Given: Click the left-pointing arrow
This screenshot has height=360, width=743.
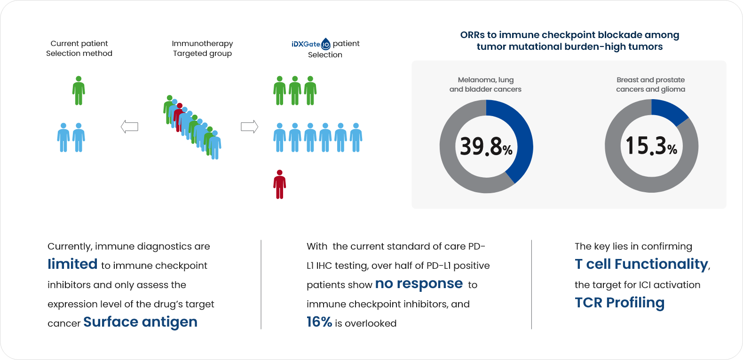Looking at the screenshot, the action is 129,126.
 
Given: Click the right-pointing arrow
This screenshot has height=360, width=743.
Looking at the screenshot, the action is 249,126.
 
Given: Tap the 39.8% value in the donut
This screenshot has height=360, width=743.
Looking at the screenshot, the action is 486,147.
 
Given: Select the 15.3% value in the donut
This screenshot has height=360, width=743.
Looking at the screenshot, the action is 651,146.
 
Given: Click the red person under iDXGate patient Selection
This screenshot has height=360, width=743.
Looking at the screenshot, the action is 280,184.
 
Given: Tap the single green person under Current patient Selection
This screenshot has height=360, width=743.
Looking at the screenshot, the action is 79,91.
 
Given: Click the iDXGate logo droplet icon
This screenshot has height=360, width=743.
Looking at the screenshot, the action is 326,44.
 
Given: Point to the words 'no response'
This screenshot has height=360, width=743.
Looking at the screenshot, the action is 419,283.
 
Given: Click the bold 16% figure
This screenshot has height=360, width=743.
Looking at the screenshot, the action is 319,322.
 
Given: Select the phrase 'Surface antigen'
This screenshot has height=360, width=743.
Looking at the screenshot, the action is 140,322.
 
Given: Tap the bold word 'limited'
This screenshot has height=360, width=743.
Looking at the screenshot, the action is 72,264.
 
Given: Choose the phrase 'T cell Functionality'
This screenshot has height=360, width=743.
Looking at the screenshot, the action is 641,264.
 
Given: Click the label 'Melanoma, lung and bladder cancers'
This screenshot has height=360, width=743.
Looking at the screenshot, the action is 485,85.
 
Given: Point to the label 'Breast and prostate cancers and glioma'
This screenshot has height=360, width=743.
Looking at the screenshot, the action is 650,85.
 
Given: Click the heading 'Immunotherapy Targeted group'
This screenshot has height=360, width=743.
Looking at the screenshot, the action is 202,48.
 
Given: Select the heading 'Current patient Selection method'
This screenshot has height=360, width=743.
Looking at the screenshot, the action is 79,48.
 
